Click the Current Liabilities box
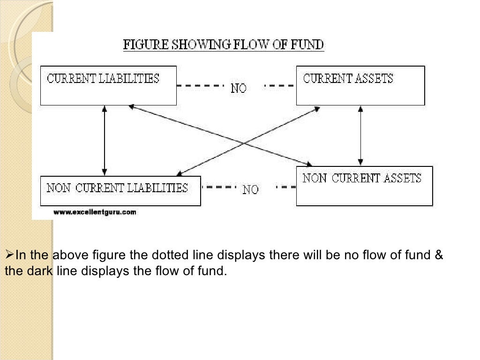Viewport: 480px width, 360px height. [108, 85]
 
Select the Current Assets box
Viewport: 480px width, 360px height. [360, 85]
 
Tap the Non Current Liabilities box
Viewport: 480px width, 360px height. [120, 191]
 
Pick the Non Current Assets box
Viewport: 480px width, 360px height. [364, 186]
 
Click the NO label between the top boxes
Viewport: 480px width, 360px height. [239, 88]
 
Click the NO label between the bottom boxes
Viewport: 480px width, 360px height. [250, 189]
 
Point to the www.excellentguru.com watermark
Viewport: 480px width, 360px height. [95, 212]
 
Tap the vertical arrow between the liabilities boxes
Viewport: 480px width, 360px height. [104, 140]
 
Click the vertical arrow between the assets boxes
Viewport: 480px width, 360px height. [360, 135]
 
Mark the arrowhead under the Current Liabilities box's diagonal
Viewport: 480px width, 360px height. [132, 107]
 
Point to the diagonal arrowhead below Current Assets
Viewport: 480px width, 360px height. [317, 109]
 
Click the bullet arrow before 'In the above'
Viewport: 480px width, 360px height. [8, 255]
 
